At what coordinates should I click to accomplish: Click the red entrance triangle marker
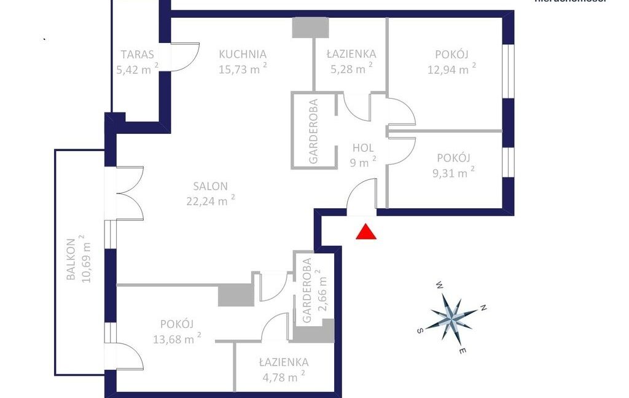pyautogui.click(x=366, y=232)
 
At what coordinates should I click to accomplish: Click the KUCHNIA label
pyautogui.click(x=242, y=54)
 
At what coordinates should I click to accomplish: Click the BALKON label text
pyautogui.click(x=71, y=259)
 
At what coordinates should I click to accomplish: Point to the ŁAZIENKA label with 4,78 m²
pyautogui.click(x=283, y=362)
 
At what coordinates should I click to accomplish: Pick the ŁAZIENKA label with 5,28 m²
pyautogui.click(x=351, y=54)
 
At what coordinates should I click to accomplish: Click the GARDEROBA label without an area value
pyautogui.click(x=313, y=131)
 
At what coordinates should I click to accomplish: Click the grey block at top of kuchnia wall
pyautogui.click(x=311, y=27)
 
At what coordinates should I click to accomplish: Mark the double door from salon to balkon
pyautogui.click(x=129, y=193)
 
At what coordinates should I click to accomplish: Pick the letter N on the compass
pyautogui.click(x=483, y=308)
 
